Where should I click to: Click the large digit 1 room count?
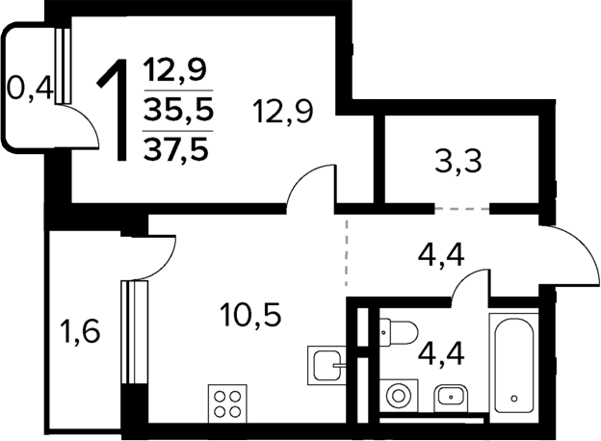(x=117, y=109)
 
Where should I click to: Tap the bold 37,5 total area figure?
(x=177, y=148)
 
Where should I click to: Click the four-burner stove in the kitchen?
(x=228, y=402)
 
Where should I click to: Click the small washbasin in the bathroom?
(x=450, y=395)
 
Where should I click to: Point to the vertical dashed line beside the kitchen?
(x=347, y=255)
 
